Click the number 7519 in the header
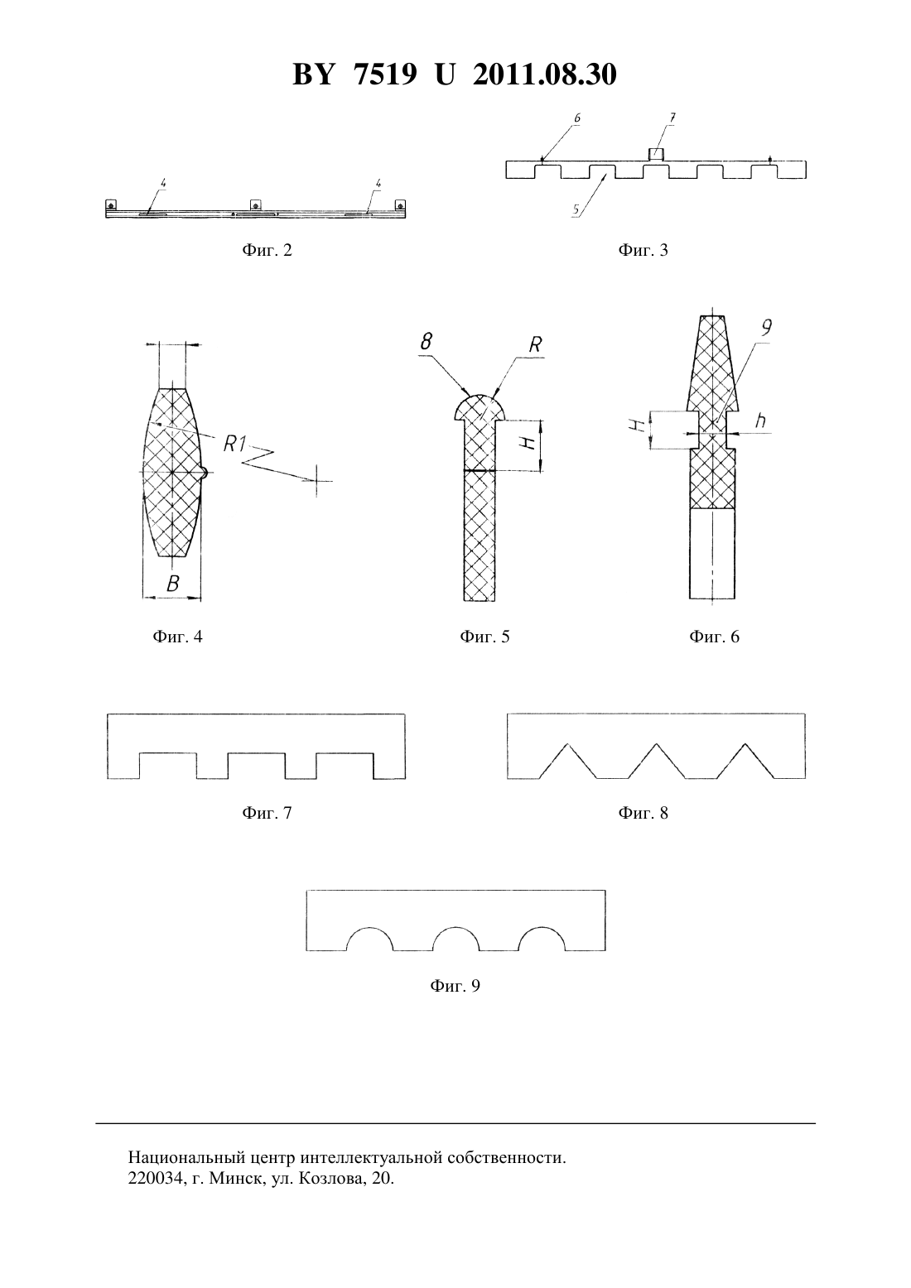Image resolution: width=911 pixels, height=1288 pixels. [x=384, y=74]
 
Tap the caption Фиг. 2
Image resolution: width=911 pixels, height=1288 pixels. [x=267, y=250]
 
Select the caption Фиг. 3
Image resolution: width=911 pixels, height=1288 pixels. [x=643, y=250]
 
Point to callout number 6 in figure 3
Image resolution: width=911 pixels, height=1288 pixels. [x=577, y=118]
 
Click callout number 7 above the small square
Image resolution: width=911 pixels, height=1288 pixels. [x=672, y=118]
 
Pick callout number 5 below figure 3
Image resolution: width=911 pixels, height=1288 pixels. [x=576, y=210]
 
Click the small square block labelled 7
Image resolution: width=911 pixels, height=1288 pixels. [x=656, y=154]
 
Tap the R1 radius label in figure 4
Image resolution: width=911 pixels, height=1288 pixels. [x=234, y=444]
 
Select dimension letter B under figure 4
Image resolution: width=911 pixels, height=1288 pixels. [x=172, y=584]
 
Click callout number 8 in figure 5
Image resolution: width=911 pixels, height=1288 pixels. [x=427, y=342]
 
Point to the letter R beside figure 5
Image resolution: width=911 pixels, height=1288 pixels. [x=535, y=344]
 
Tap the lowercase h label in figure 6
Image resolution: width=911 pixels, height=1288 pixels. [x=760, y=421]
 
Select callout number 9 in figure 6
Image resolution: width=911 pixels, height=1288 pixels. [x=766, y=327]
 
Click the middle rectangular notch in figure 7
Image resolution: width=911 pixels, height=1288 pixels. [x=257, y=766]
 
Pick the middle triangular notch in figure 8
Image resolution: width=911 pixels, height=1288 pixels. [x=655, y=761]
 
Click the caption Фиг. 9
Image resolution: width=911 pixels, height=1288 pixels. [x=455, y=986]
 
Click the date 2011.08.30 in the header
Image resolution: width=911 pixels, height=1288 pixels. [x=545, y=74]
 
